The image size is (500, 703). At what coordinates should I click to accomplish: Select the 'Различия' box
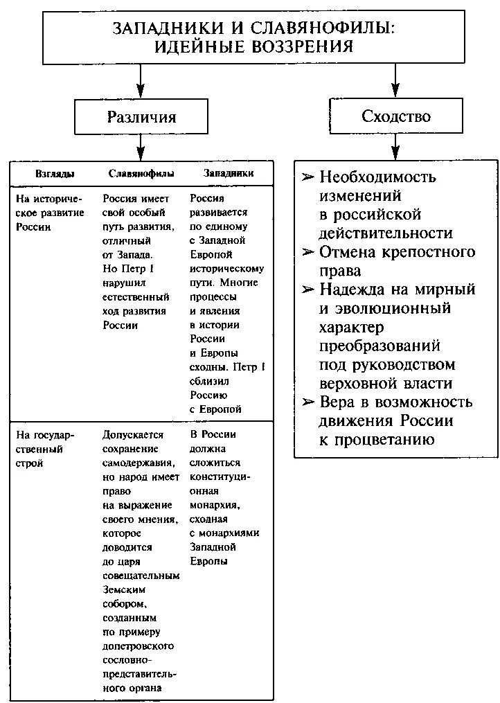(141, 116)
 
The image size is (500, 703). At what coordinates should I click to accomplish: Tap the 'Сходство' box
(395, 116)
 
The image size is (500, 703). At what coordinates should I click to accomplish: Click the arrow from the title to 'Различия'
(141, 82)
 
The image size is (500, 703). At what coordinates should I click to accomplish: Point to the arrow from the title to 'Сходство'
(395, 82)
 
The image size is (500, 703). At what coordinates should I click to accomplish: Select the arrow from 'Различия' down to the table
(141, 147)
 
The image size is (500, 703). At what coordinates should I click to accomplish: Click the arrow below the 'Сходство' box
(395, 147)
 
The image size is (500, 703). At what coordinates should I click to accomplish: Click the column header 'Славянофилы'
(141, 173)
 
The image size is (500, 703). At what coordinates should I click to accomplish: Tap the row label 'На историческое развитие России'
(50, 212)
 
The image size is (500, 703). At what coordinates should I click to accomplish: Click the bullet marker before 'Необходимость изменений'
(308, 177)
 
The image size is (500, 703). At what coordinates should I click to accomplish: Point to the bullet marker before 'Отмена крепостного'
(308, 252)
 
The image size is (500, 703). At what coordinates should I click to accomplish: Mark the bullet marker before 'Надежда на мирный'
(308, 290)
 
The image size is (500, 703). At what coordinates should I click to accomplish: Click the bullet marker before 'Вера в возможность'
(308, 402)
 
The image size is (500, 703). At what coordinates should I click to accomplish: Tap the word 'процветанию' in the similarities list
(377, 440)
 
